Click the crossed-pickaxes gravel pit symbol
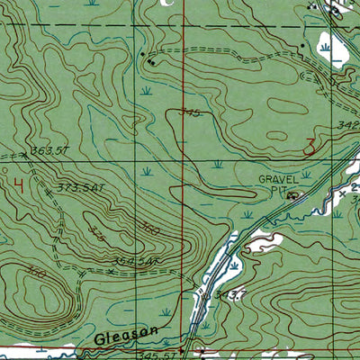292,193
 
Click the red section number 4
19,186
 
